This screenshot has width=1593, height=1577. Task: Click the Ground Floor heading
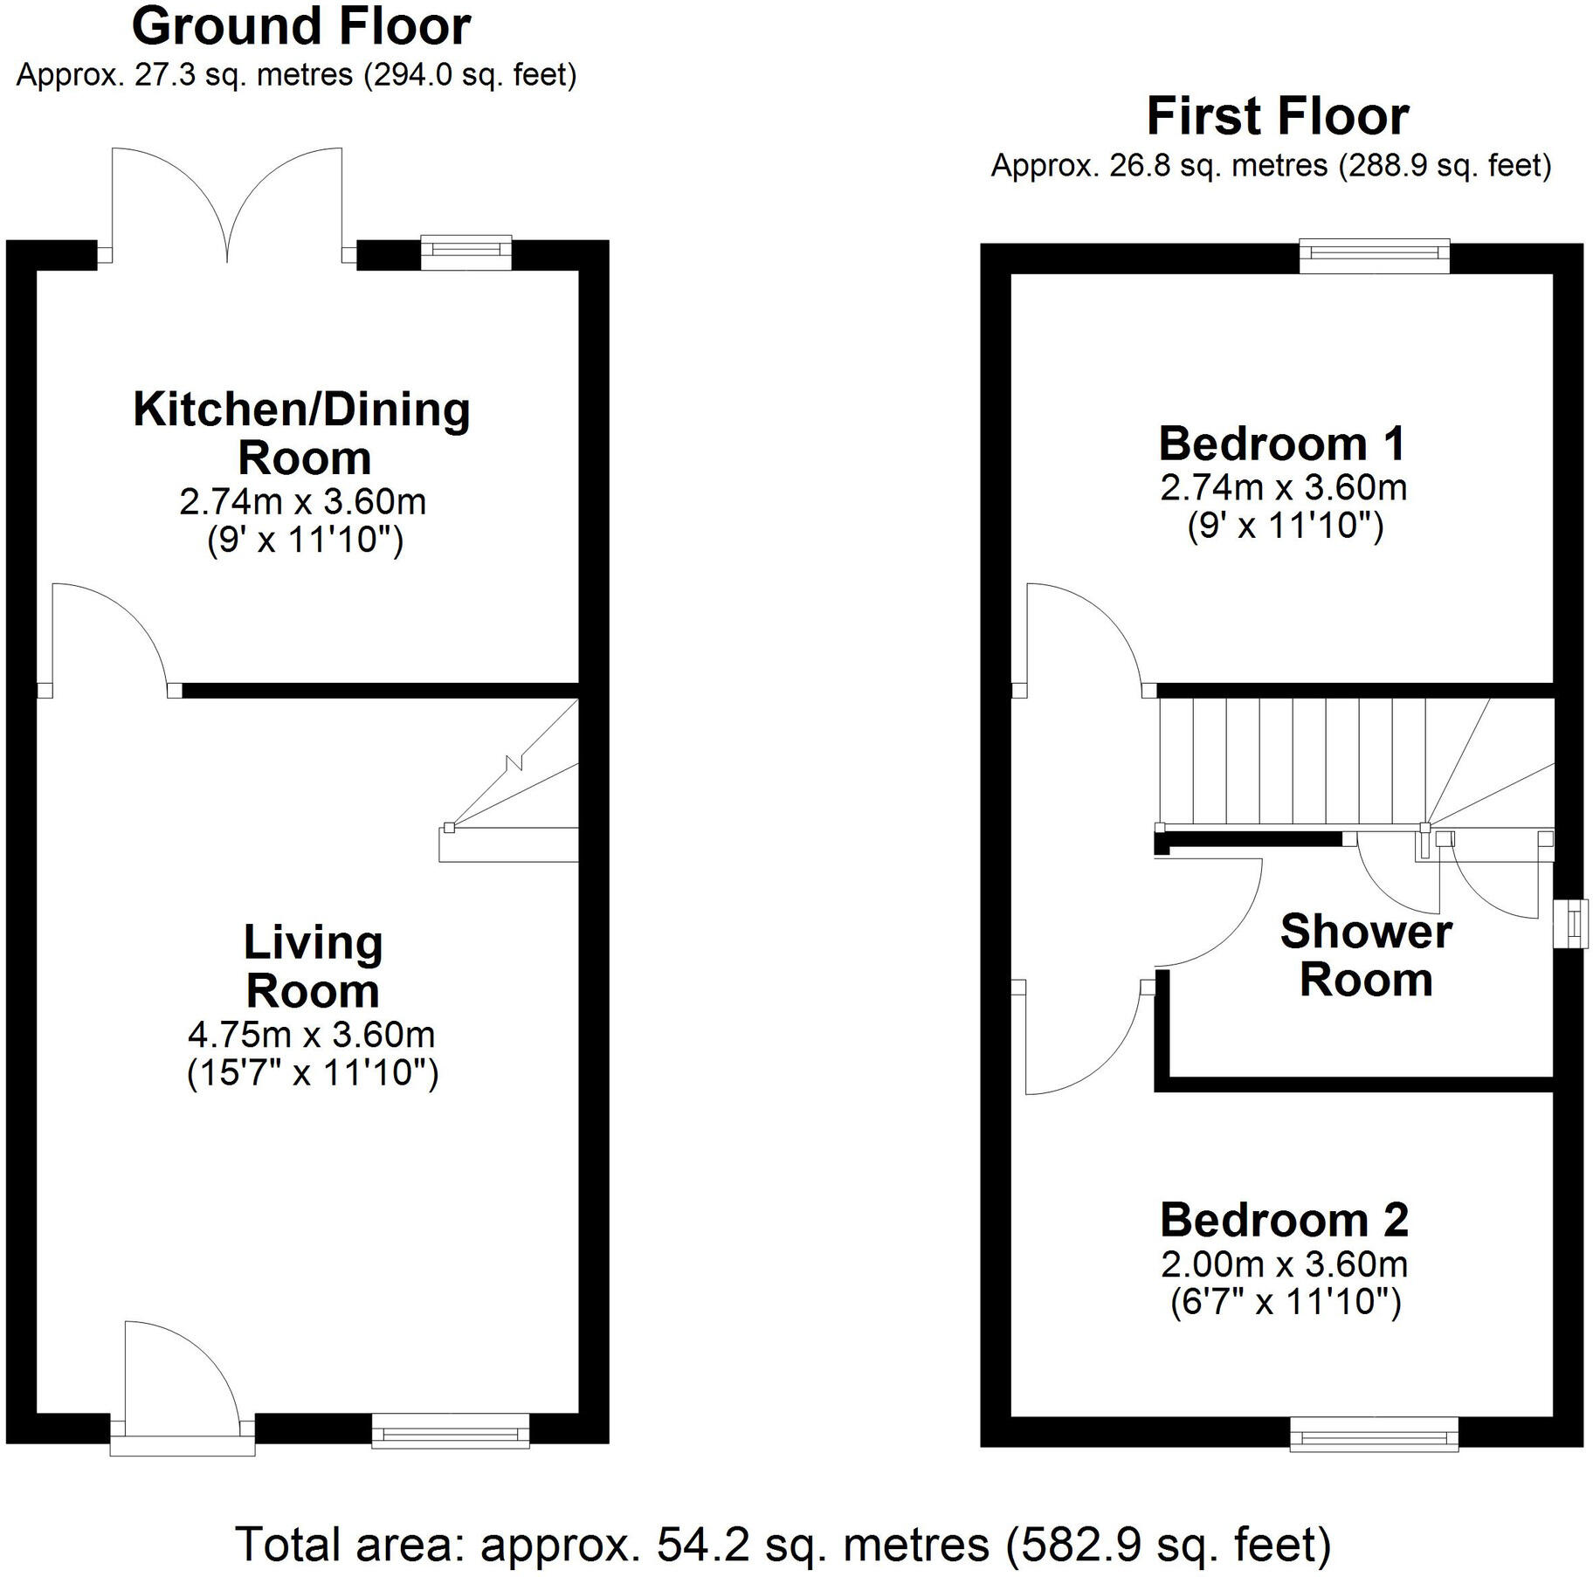click(x=301, y=26)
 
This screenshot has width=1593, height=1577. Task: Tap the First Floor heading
click(x=1277, y=116)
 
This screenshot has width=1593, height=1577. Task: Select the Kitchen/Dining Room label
click(x=301, y=434)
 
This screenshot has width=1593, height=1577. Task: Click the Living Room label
click(x=313, y=967)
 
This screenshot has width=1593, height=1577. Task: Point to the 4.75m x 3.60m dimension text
click(x=312, y=1035)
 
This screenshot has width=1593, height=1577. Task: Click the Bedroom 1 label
click(x=1282, y=444)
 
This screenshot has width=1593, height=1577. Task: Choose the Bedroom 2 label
click(x=1284, y=1220)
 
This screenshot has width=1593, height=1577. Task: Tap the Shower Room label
click(x=1366, y=955)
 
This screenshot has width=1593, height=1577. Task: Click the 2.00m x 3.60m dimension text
click(x=1284, y=1264)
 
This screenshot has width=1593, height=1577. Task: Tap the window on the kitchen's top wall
click(x=465, y=251)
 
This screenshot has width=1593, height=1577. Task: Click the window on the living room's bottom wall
click(x=451, y=1431)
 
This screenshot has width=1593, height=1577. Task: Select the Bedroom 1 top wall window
click(x=1375, y=256)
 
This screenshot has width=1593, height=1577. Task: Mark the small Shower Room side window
click(x=1569, y=923)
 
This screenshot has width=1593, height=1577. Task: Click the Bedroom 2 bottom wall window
click(x=1374, y=1434)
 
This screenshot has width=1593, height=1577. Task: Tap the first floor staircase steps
click(x=1293, y=761)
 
